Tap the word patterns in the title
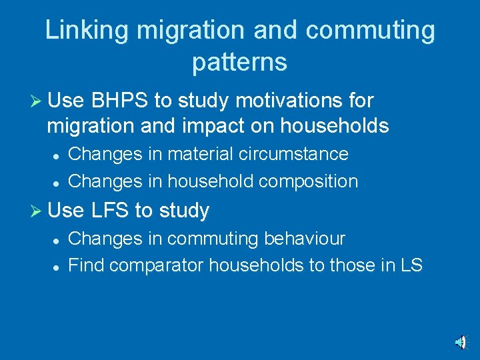[239, 61]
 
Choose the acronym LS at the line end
[411, 265]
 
